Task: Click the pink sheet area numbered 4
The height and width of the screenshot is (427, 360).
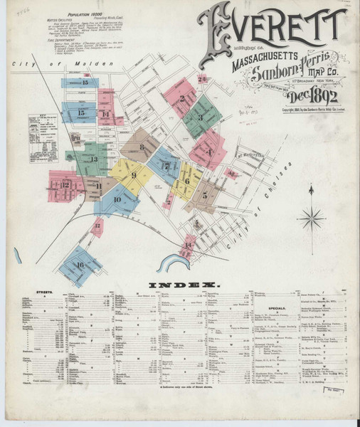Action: click(209, 151)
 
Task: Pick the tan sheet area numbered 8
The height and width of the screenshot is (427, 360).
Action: click(142, 147)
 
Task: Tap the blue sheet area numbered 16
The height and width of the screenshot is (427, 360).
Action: click(79, 265)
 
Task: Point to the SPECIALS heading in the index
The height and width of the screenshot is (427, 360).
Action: click(277, 307)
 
